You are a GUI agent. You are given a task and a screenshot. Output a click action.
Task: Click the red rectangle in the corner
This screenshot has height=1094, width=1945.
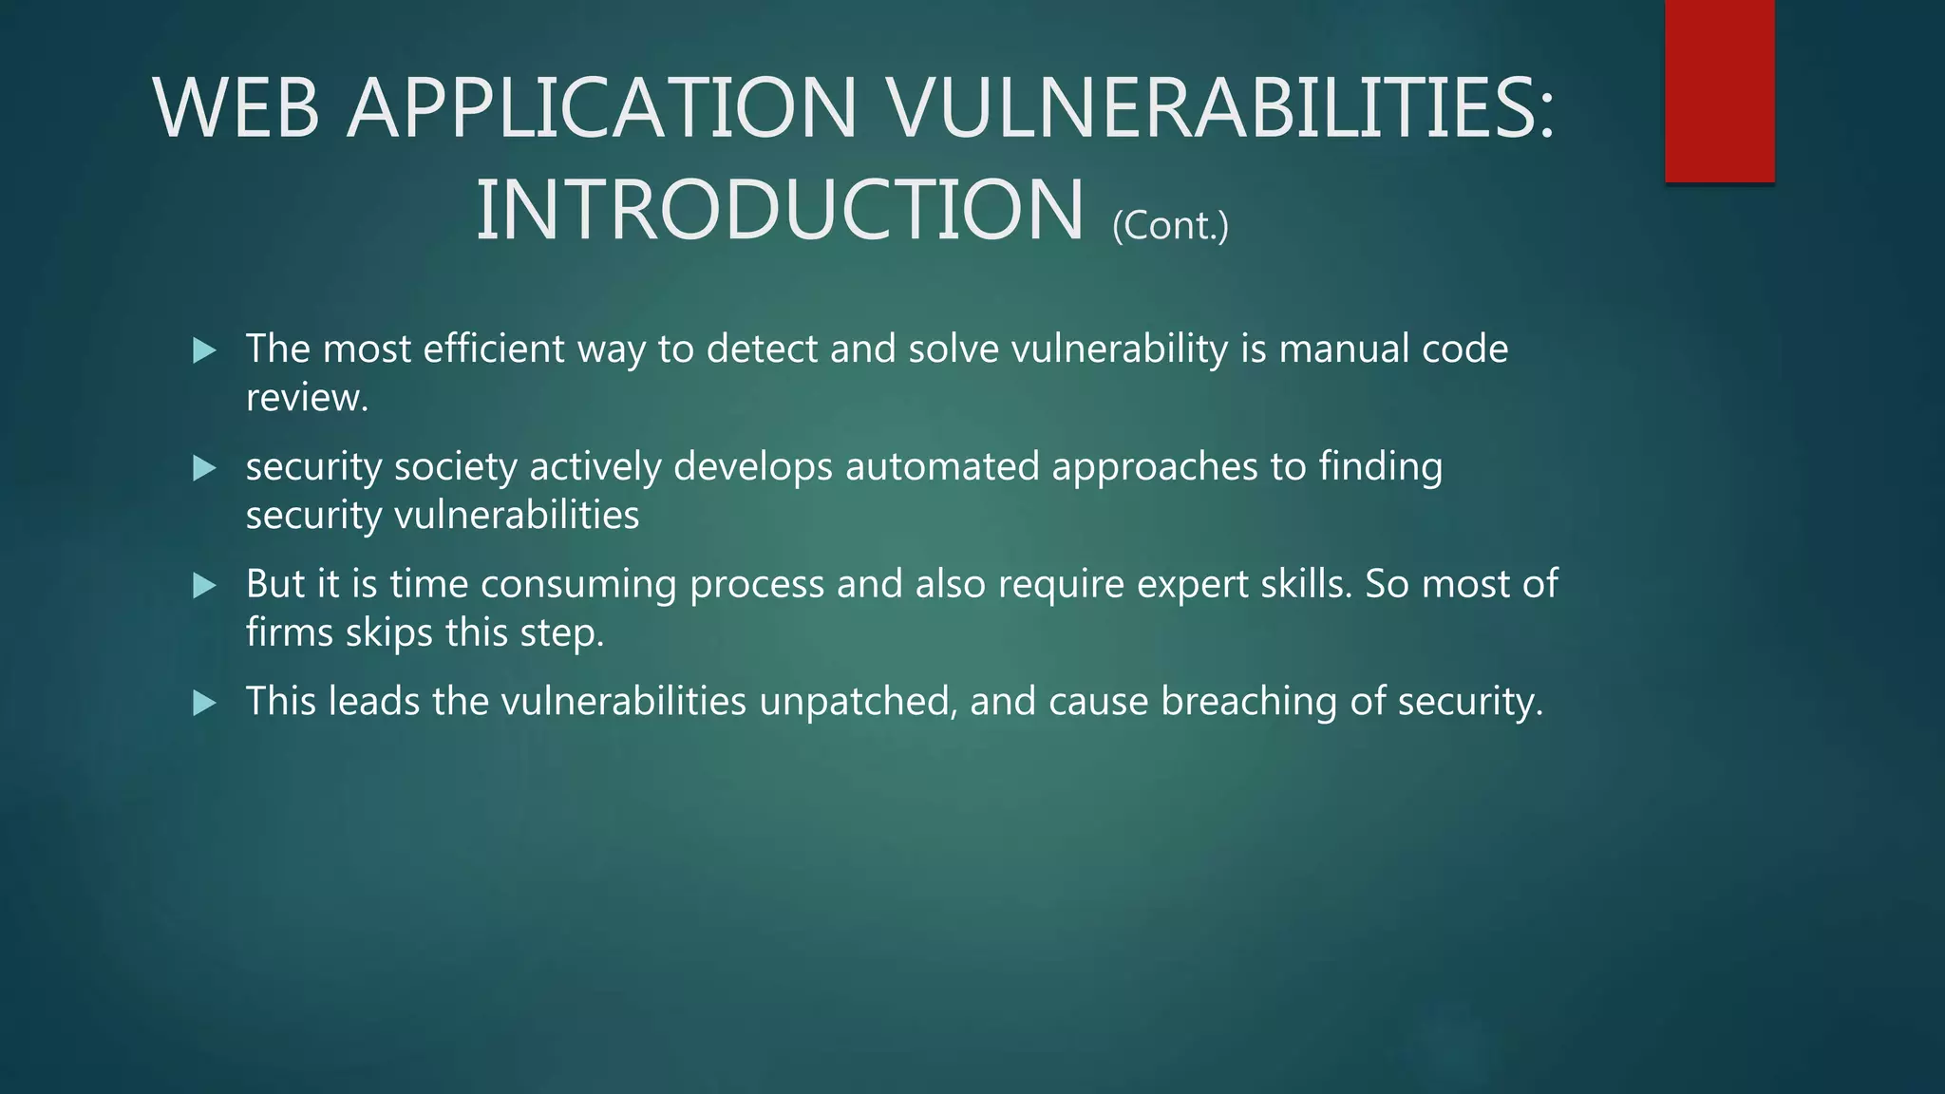click(x=1719, y=90)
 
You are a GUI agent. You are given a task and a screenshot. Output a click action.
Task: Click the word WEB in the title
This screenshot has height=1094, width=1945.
click(x=236, y=108)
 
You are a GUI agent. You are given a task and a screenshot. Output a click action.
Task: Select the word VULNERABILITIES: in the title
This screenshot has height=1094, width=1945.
click(x=1220, y=108)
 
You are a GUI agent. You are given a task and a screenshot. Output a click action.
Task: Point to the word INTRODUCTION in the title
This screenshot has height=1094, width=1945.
click(x=779, y=210)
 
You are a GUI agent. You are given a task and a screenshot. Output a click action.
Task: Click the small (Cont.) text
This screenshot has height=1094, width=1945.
click(x=1170, y=226)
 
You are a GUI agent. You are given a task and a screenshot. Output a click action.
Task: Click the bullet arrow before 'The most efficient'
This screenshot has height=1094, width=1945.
click(x=204, y=350)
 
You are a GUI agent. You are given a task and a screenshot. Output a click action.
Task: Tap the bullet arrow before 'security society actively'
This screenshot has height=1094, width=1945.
click(x=204, y=468)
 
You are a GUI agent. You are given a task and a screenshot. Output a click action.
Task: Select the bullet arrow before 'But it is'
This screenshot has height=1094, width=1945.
click(x=204, y=586)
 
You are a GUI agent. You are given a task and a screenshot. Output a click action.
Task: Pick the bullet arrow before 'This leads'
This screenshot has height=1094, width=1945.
click(x=204, y=704)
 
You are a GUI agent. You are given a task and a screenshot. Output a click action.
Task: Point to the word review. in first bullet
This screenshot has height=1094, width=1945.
click(x=306, y=398)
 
